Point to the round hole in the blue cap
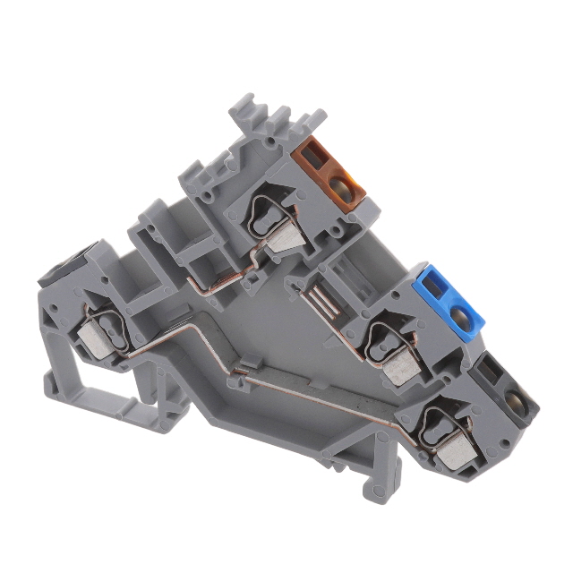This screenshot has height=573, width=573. click(x=460, y=315)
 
